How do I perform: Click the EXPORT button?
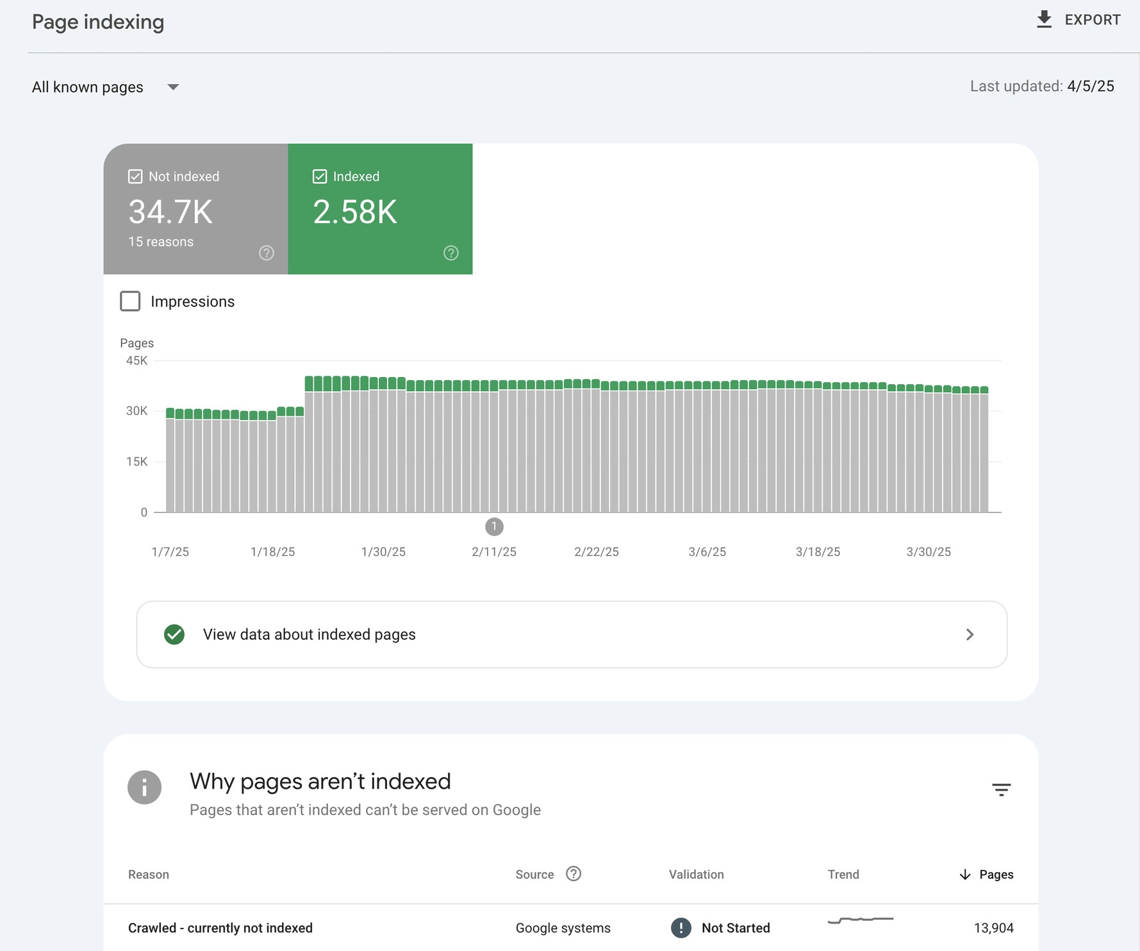[1078, 20]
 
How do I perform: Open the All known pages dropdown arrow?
[173, 87]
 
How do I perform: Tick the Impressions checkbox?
[130, 301]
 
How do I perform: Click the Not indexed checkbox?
[135, 176]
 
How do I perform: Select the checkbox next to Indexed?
[320, 176]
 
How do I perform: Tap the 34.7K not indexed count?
[170, 212]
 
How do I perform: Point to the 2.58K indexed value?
[355, 212]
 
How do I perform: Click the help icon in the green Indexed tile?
[451, 253]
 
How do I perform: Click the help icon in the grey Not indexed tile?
[267, 253]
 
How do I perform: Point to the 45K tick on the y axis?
[137, 360]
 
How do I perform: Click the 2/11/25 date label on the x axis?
[493, 552]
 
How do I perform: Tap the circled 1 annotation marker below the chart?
[494, 526]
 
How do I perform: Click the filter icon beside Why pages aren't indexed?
[1001, 789]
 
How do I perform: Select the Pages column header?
[995, 875]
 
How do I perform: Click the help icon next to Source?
[574, 874]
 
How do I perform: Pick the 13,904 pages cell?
[993, 928]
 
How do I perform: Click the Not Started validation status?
[734, 928]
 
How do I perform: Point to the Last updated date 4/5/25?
[1090, 87]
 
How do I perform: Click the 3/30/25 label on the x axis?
[928, 552]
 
